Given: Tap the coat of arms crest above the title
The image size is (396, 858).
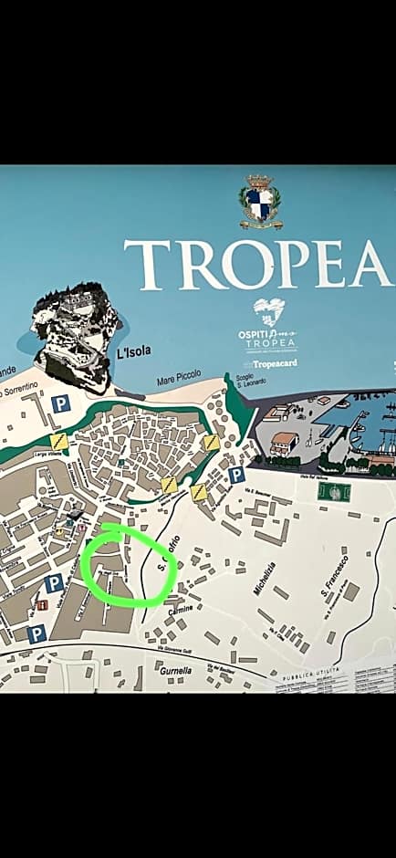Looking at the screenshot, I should (x=261, y=203).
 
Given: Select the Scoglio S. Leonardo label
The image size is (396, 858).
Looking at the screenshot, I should (x=251, y=378).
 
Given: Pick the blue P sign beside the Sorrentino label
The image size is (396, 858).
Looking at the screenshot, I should (x=60, y=403).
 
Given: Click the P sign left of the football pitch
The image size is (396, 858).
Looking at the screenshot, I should (x=235, y=476).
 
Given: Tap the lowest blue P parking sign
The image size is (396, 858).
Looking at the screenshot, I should (x=36, y=633).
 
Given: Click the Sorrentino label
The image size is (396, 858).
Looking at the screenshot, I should (x=18, y=391).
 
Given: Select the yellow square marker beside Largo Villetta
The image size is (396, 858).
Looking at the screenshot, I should (x=60, y=441).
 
